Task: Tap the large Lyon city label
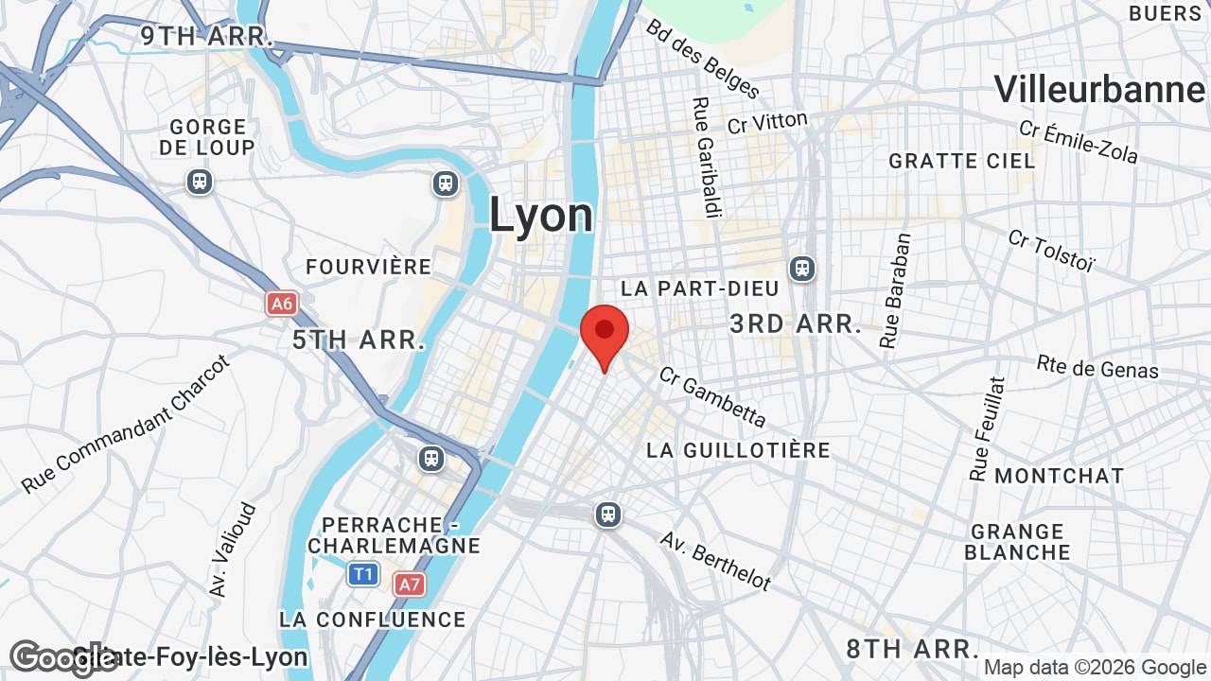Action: click(x=540, y=215)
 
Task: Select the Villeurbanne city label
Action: click(x=1099, y=90)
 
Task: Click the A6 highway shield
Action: click(x=281, y=304)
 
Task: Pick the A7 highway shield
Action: click(x=409, y=584)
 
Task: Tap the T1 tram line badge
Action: click(x=363, y=573)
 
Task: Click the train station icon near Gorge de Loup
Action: click(x=199, y=181)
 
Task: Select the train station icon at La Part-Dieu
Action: click(x=802, y=270)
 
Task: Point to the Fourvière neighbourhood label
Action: click(x=368, y=267)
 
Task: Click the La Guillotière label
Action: click(x=738, y=450)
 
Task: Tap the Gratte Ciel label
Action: click(x=962, y=161)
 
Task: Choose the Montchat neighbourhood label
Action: click(x=1059, y=475)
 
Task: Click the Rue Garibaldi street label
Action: click(x=707, y=157)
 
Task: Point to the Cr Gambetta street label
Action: click(x=712, y=396)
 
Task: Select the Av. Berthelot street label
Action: click(x=715, y=561)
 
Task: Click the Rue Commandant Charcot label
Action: click(x=126, y=424)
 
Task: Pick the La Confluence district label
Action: click(x=372, y=620)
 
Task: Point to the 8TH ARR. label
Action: click(x=912, y=649)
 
